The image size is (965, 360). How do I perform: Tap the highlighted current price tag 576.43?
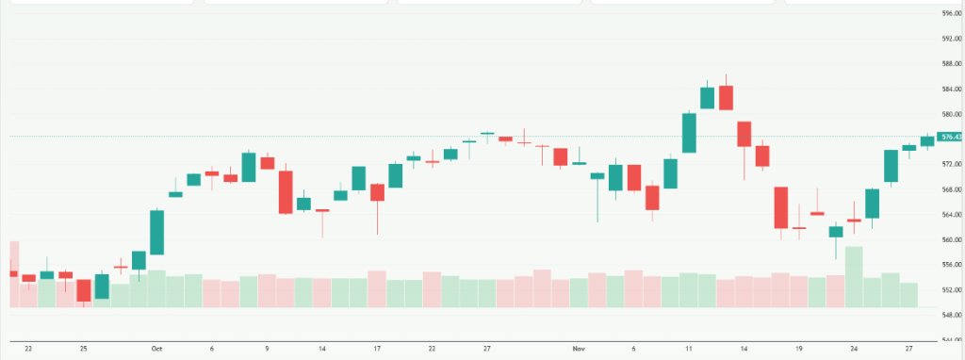coord(951,137)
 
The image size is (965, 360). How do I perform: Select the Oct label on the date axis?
coord(156,349)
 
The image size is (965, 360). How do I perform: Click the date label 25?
coord(84,349)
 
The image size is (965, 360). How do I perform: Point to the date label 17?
coord(377,349)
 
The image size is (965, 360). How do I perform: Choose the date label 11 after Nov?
coord(689,349)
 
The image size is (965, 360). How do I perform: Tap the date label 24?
coord(854,349)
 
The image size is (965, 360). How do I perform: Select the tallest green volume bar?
coord(854,277)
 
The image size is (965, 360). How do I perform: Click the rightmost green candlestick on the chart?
coord(927,141)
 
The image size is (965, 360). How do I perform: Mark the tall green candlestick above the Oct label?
coord(156,232)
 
